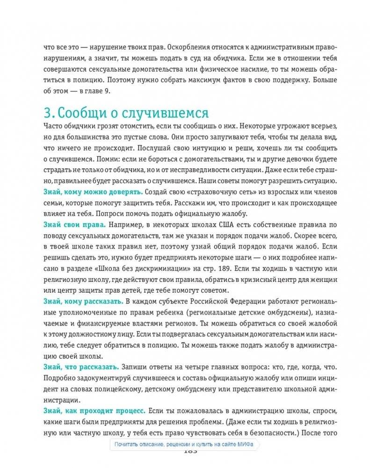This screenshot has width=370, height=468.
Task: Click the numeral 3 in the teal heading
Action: pyautogui.click(x=47, y=114)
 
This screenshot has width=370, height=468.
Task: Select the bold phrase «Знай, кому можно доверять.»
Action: pyautogui.click(x=93, y=192)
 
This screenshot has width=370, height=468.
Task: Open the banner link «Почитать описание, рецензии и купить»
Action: pyautogui.click(x=170, y=445)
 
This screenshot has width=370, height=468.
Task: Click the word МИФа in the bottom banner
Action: pyautogui.click(x=245, y=445)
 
